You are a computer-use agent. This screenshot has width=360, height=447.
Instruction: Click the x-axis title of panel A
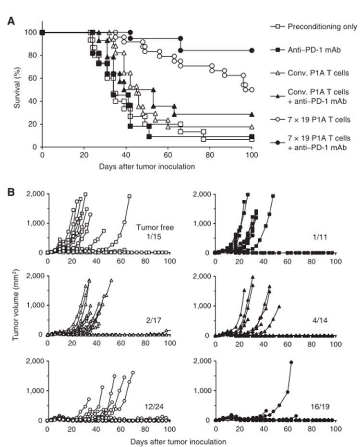coord(147,167)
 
